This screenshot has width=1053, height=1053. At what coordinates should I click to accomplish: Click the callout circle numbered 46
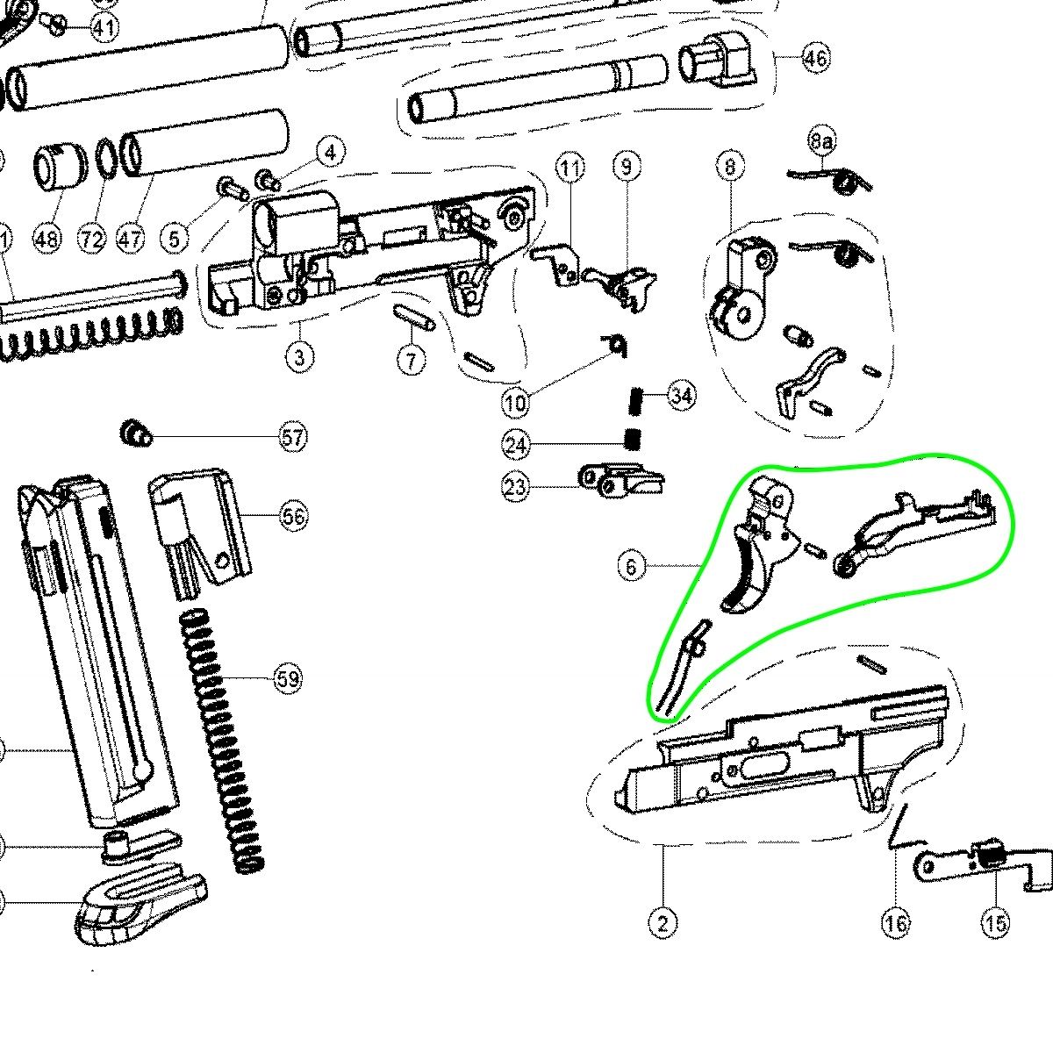[x=814, y=58]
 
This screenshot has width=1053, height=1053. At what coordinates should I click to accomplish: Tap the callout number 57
[x=294, y=436]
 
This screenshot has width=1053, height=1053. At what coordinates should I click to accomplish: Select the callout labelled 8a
[x=821, y=140]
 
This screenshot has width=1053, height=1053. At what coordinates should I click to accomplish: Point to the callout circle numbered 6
[x=631, y=567]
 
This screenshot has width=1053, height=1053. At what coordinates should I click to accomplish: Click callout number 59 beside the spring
[x=287, y=678]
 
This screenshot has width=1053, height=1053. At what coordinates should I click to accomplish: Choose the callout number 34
[x=681, y=395]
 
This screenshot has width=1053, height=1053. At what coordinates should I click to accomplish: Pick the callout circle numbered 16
[x=896, y=922]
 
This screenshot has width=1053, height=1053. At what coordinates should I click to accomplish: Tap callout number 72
[x=92, y=239]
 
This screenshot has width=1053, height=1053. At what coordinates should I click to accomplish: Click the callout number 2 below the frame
[x=663, y=922]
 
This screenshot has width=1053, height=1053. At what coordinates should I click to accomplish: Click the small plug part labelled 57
[x=134, y=433]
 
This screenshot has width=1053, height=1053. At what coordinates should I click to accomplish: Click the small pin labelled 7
[x=414, y=317]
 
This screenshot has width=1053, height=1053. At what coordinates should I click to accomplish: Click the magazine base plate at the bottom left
[x=140, y=908]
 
